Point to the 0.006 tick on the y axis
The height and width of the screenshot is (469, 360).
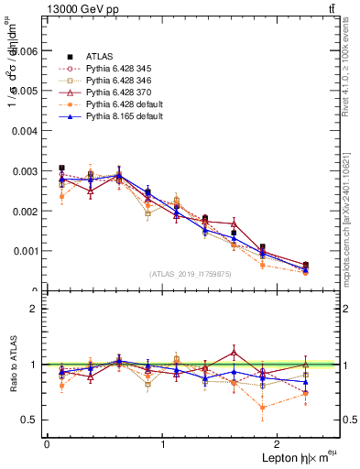(27, 52)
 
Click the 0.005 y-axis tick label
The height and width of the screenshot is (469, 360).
(27, 92)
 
